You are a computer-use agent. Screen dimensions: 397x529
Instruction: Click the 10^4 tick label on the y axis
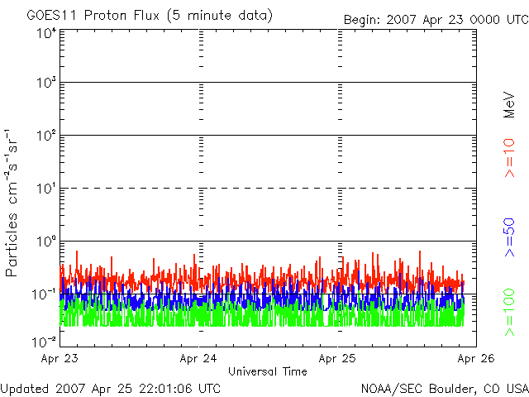[46, 34]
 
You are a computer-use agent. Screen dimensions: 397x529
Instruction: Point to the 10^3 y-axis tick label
[46, 84]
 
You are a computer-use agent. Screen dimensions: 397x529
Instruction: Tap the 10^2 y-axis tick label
[46, 136]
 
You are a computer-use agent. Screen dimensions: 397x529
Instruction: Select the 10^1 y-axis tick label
[46, 189]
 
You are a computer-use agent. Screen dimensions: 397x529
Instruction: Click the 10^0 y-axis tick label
[46, 242]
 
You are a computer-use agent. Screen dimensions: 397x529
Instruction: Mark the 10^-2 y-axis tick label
[45, 340]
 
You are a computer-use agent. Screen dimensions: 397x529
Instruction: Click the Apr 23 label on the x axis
[60, 359]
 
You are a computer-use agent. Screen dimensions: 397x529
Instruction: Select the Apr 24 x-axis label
[198, 359]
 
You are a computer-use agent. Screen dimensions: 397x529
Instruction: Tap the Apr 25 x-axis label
[338, 359]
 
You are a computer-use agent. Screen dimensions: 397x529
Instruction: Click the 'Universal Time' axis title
[267, 371]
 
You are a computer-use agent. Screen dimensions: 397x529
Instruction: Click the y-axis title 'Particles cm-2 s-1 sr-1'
[14, 203]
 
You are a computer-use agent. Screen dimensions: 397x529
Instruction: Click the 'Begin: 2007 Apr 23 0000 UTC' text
[435, 18]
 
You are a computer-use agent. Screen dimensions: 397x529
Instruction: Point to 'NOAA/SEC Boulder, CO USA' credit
[444, 388]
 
